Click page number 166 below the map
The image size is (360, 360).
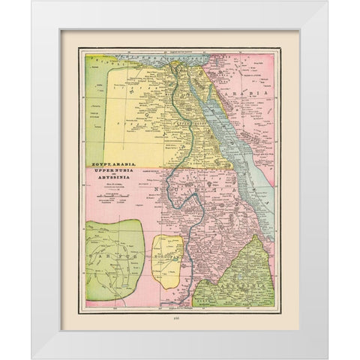(179, 318)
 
